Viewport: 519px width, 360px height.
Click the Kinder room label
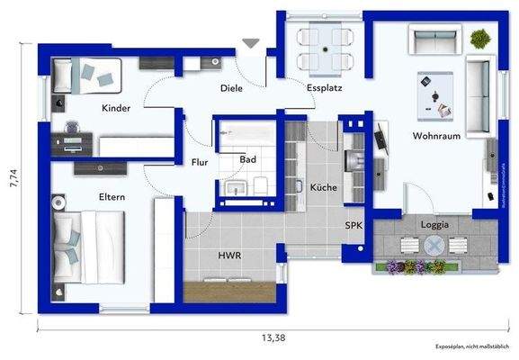116,108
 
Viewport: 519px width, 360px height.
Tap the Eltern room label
112,196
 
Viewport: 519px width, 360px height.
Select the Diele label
232,88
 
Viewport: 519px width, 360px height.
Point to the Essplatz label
322,88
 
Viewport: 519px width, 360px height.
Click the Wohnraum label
437,136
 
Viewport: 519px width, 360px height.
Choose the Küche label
323,187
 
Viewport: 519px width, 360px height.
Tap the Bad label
249,159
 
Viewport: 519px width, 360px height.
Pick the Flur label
200,163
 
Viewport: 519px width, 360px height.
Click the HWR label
229,256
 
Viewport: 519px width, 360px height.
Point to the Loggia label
434,224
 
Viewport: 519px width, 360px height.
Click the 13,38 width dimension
274,337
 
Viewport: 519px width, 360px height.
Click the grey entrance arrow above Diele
251,42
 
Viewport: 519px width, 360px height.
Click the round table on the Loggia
435,245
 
